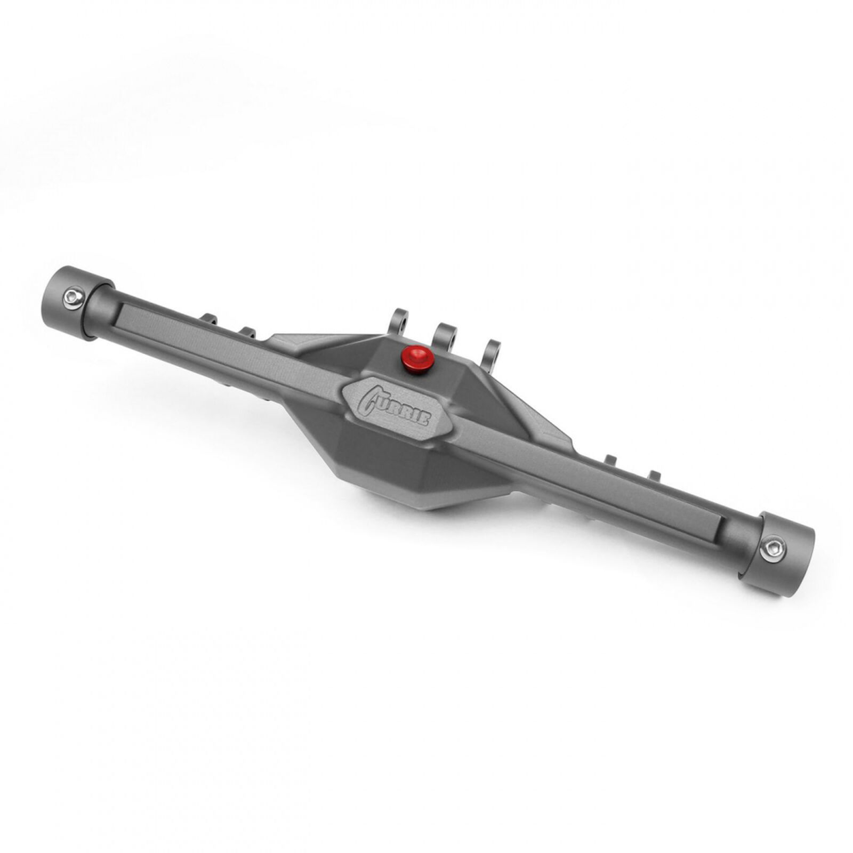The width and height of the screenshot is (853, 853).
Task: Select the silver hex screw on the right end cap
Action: pos(770,550)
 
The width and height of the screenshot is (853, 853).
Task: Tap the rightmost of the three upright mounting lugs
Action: pos(492,353)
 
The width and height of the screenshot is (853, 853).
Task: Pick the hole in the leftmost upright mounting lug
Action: pos(404,324)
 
